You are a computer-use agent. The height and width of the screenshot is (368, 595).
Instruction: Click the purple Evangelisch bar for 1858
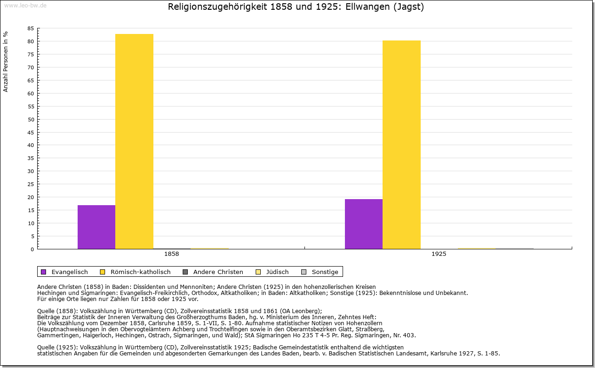96,227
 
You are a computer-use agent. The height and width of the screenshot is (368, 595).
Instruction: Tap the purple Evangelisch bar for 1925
364,224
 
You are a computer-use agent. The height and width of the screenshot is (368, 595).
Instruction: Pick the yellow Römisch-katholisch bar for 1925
402,145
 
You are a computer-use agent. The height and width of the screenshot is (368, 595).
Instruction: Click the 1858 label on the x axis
172,254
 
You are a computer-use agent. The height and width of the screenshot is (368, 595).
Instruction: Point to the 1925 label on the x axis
439,254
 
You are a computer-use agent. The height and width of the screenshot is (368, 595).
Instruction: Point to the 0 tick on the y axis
32,249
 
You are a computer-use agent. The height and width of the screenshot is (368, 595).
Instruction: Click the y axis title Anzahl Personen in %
6,61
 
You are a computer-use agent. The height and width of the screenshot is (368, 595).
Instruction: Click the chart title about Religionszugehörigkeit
296,7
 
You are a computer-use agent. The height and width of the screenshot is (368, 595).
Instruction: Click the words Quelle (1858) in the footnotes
55,311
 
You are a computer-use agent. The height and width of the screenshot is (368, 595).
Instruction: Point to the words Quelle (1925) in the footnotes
55,347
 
